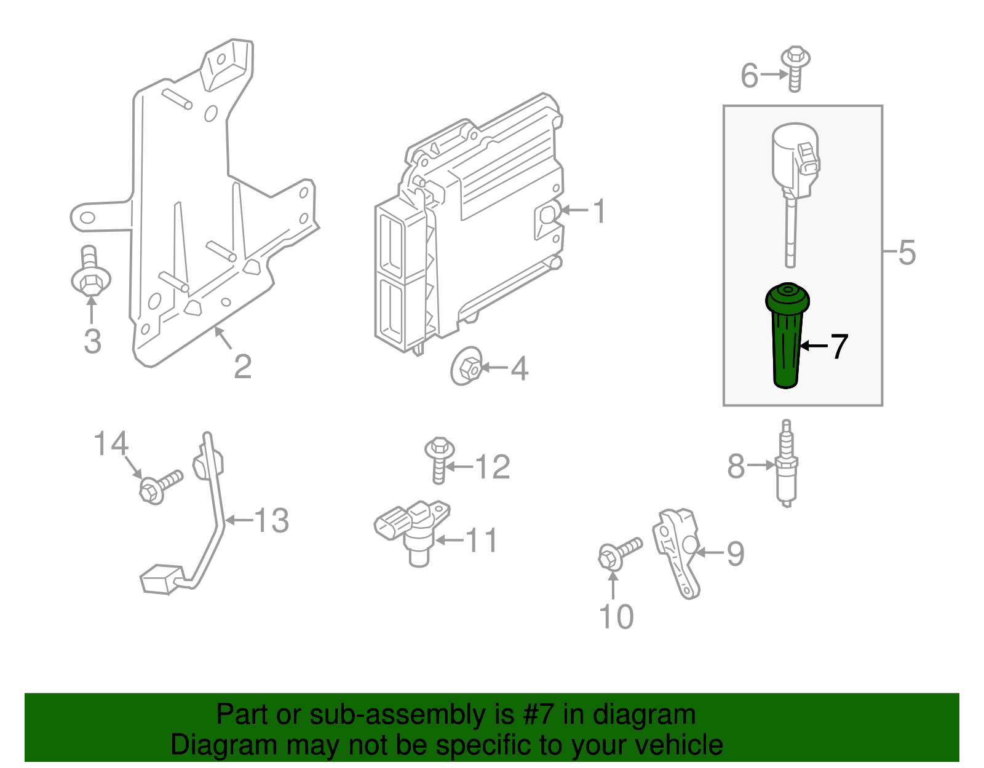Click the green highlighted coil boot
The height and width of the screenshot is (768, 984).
787,335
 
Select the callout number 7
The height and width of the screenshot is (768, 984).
839,346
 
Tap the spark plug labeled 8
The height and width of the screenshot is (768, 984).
787,463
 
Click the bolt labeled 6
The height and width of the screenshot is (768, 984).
795,69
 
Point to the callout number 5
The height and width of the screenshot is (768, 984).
907,252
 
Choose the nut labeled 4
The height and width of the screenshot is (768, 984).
466,366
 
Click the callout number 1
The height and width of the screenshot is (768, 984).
600,211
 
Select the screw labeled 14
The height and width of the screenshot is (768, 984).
161,487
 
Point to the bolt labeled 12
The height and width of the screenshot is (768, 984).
439,460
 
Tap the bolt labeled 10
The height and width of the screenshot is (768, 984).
619,553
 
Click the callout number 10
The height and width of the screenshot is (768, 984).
616,616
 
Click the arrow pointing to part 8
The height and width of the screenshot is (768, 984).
761,465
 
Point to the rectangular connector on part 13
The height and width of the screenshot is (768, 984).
162,579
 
